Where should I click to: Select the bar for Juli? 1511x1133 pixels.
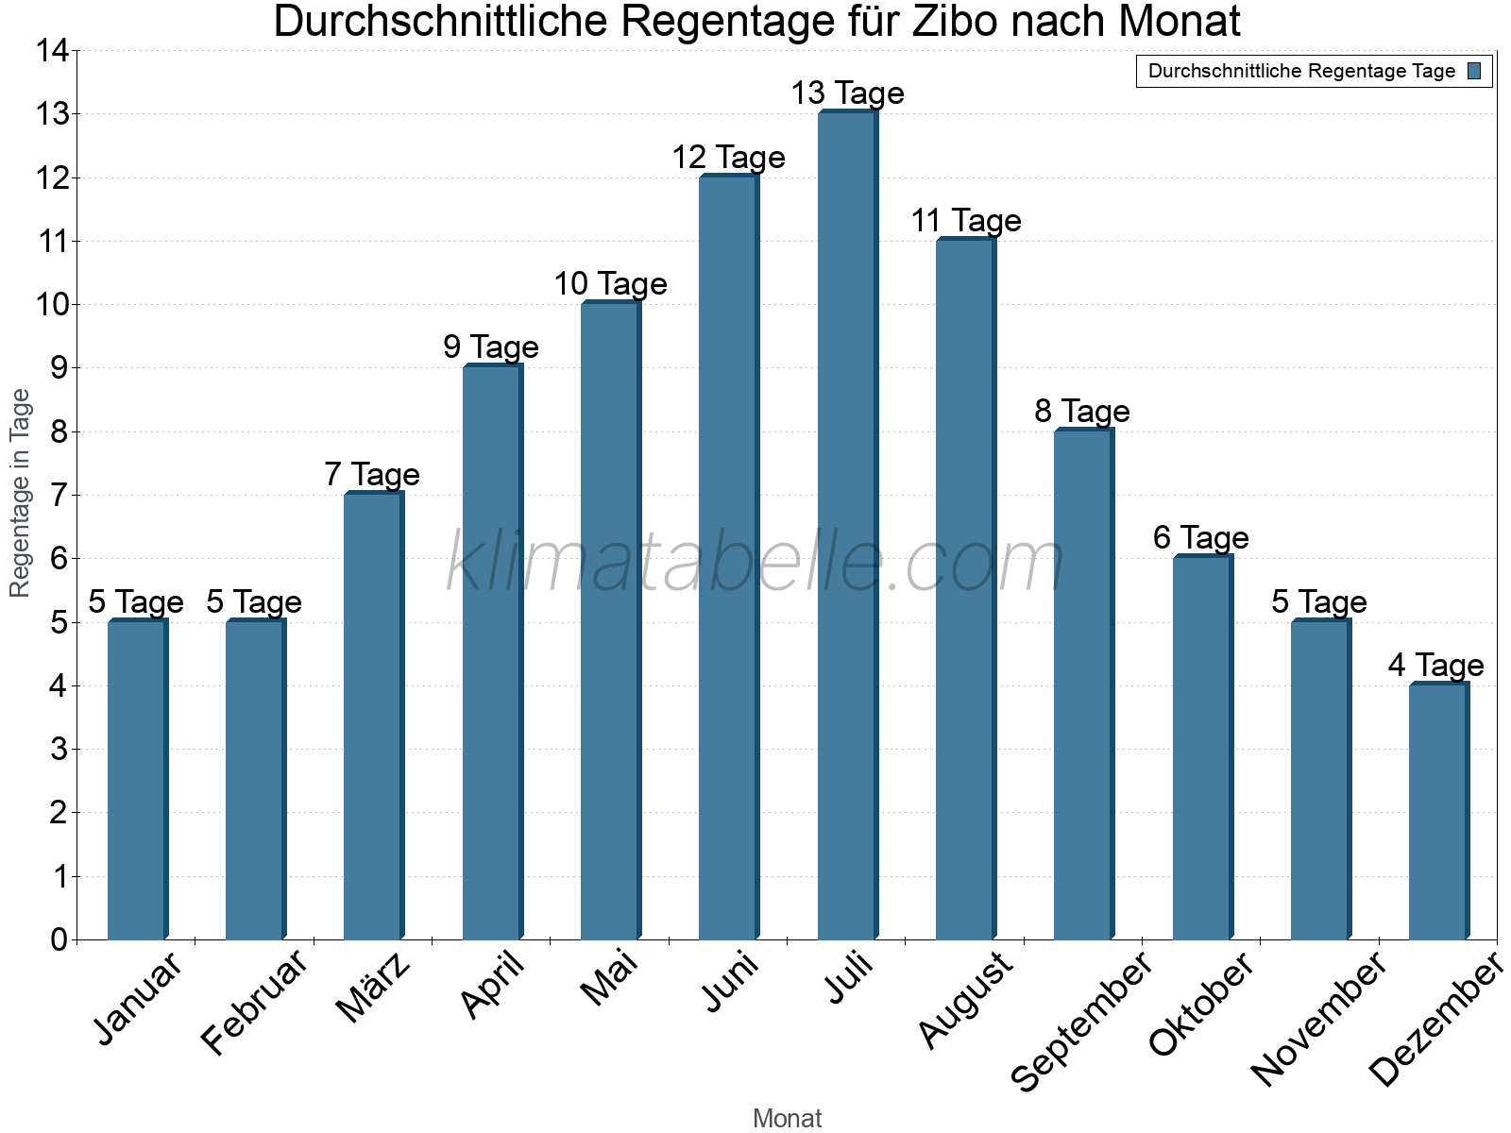pyautogui.click(x=847, y=526)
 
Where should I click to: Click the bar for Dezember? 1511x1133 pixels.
pyautogui.click(x=1438, y=812)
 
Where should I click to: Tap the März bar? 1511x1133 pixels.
pyautogui.click(x=373, y=717)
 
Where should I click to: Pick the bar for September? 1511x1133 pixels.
pyautogui.click(x=1083, y=685)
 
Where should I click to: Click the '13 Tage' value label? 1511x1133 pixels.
pyautogui.click(x=847, y=93)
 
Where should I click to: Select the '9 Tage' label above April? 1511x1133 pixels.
pyautogui.click(x=491, y=347)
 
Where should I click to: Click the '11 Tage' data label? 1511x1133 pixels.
pyautogui.click(x=966, y=221)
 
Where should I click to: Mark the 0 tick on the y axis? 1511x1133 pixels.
pyautogui.click(x=59, y=939)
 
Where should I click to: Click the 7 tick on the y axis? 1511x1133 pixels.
pyautogui.click(x=59, y=495)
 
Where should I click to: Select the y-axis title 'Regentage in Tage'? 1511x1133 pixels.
pyautogui.click(x=20, y=493)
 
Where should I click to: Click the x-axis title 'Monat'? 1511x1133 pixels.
pyautogui.click(x=787, y=1118)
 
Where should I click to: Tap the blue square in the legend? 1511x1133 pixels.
pyautogui.click(x=1474, y=71)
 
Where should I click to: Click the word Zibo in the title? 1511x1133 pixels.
pyautogui.click(x=953, y=22)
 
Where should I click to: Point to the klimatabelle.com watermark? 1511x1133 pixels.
pyautogui.click(x=755, y=563)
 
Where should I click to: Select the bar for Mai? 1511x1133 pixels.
pyautogui.click(x=610, y=621)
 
